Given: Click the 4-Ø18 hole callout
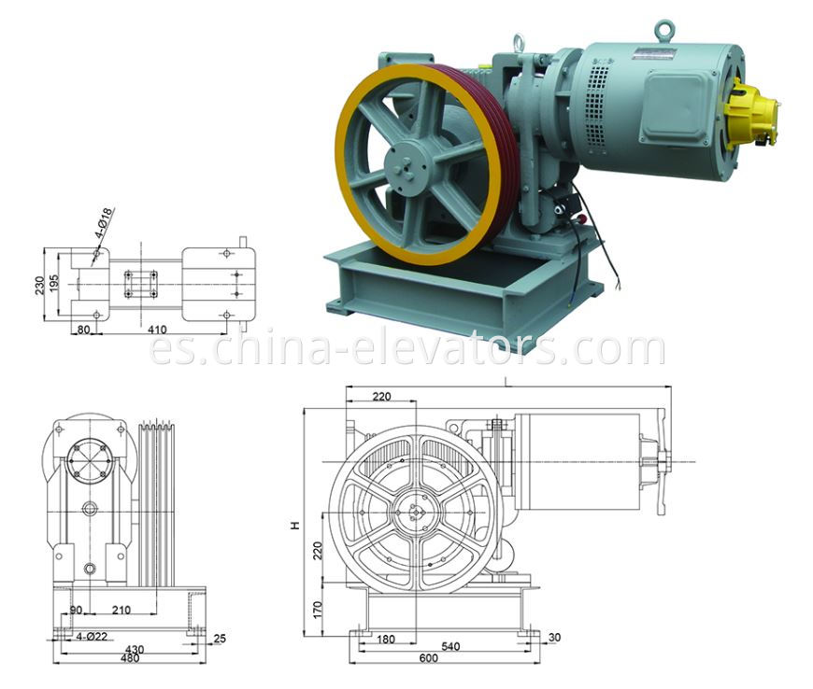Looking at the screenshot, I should pyautogui.click(x=104, y=225).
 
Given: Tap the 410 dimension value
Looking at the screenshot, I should pyautogui.click(x=157, y=330).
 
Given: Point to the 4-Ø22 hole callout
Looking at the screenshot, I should pyautogui.click(x=91, y=636).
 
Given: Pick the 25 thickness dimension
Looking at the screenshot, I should pyautogui.click(x=219, y=639).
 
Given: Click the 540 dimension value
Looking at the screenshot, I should pyautogui.click(x=450, y=646).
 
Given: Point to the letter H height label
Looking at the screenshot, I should pyautogui.click(x=294, y=527).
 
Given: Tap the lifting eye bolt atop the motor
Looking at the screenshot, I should pyautogui.click(x=664, y=29).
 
